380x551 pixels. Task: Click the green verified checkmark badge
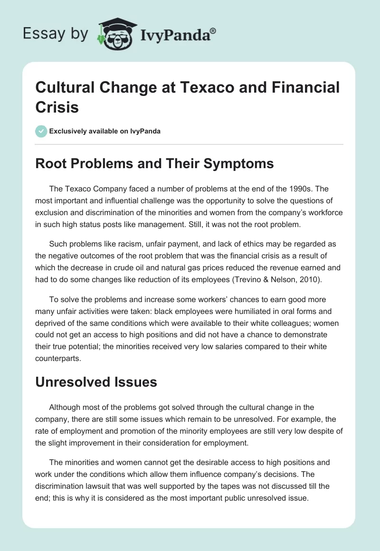[x=41, y=131]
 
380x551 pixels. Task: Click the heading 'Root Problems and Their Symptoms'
[x=155, y=164]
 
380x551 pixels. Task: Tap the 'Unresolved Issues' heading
[x=96, y=382]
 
